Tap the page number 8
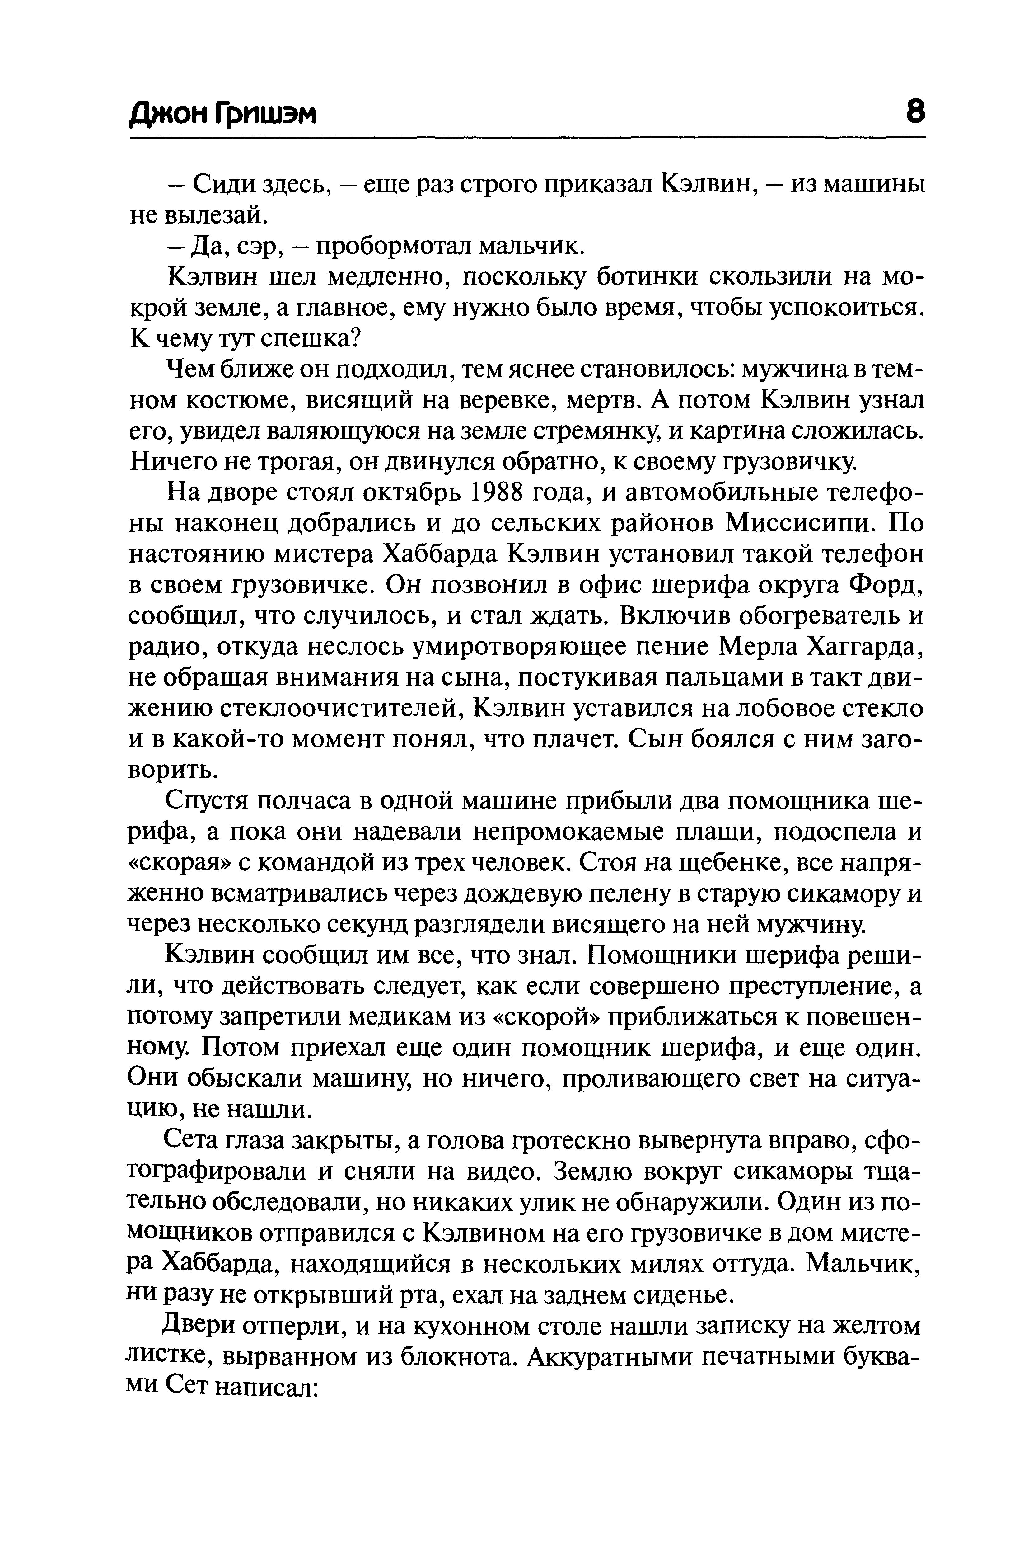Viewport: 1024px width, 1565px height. click(914, 112)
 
